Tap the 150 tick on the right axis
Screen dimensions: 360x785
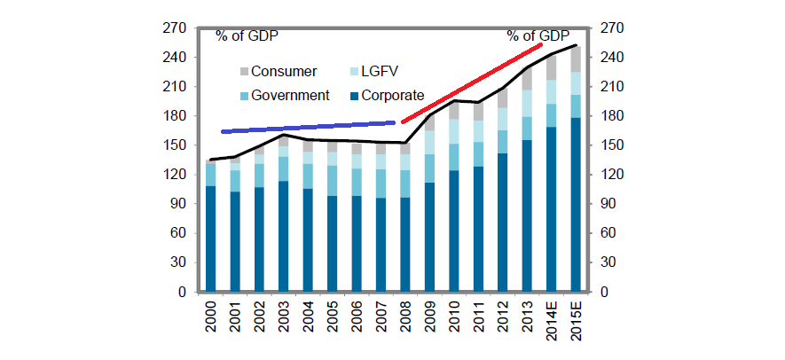[614, 145]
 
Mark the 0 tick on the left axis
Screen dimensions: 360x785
[180, 292]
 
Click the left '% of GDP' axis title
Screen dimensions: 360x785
[247, 35]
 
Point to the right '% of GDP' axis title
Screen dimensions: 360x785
[538, 35]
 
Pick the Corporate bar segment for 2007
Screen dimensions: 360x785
[381, 245]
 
